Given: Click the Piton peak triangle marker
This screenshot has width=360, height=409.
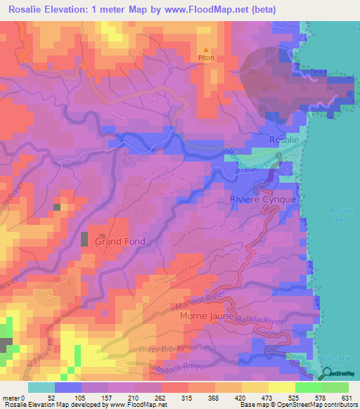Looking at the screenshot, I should (x=205, y=50).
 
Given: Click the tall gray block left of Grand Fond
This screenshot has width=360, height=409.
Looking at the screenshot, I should (x=84, y=238).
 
